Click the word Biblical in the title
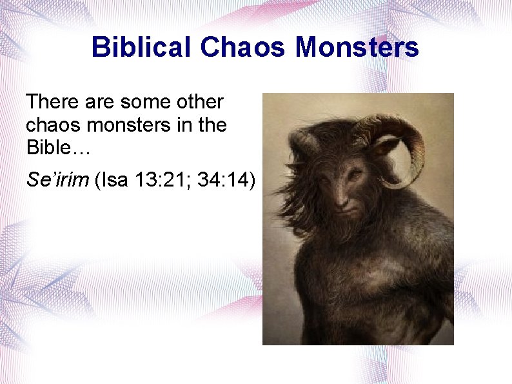click(142, 47)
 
